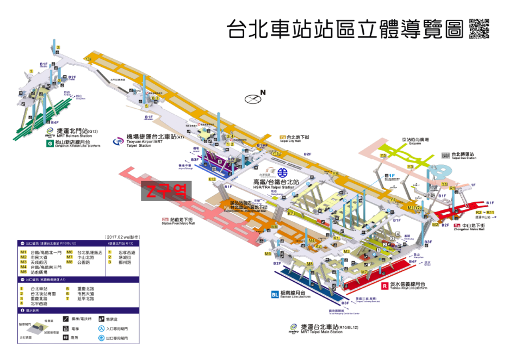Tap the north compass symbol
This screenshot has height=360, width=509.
click(x=253, y=99)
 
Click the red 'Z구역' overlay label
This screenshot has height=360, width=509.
click(x=167, y=191)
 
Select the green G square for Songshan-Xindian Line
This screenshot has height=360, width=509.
click(x=50, y=145)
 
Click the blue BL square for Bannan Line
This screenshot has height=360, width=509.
click(x=275, y=295)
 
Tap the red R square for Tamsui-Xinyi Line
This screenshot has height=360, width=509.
click(x=385, y=285)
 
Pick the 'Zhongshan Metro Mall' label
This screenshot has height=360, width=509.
click(x=469, y=229)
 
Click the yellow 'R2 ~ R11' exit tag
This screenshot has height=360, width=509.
click(x=484, y=212)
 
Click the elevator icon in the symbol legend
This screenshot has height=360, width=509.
click(x=65, y=328)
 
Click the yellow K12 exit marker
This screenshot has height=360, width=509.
click(x=212, y=179)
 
